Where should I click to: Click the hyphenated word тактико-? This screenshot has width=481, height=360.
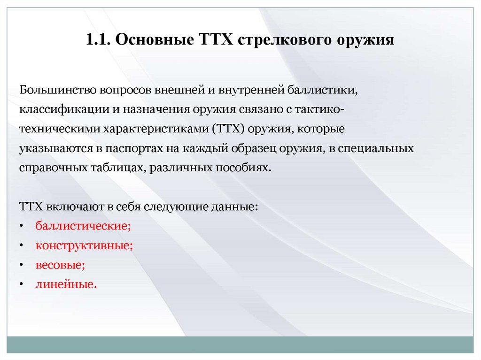(312, 109)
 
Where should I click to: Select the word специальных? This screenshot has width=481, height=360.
(381, 148)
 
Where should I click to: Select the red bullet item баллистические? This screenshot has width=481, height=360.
(83, 226)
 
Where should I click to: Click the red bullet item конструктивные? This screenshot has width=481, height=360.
(84, 245)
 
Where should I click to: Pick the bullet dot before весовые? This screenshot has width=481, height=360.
(22, 265)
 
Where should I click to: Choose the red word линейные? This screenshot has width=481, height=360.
(66, 284)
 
